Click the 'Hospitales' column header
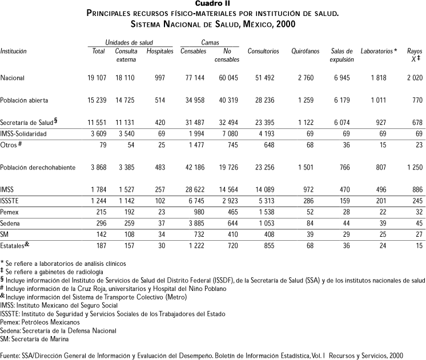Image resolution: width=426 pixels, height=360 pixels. (160, 51)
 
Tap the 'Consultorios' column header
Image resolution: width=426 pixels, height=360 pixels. (263, 51)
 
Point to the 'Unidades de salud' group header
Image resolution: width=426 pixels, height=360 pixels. (129, 43)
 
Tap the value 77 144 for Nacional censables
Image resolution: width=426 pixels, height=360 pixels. (191, 78)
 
